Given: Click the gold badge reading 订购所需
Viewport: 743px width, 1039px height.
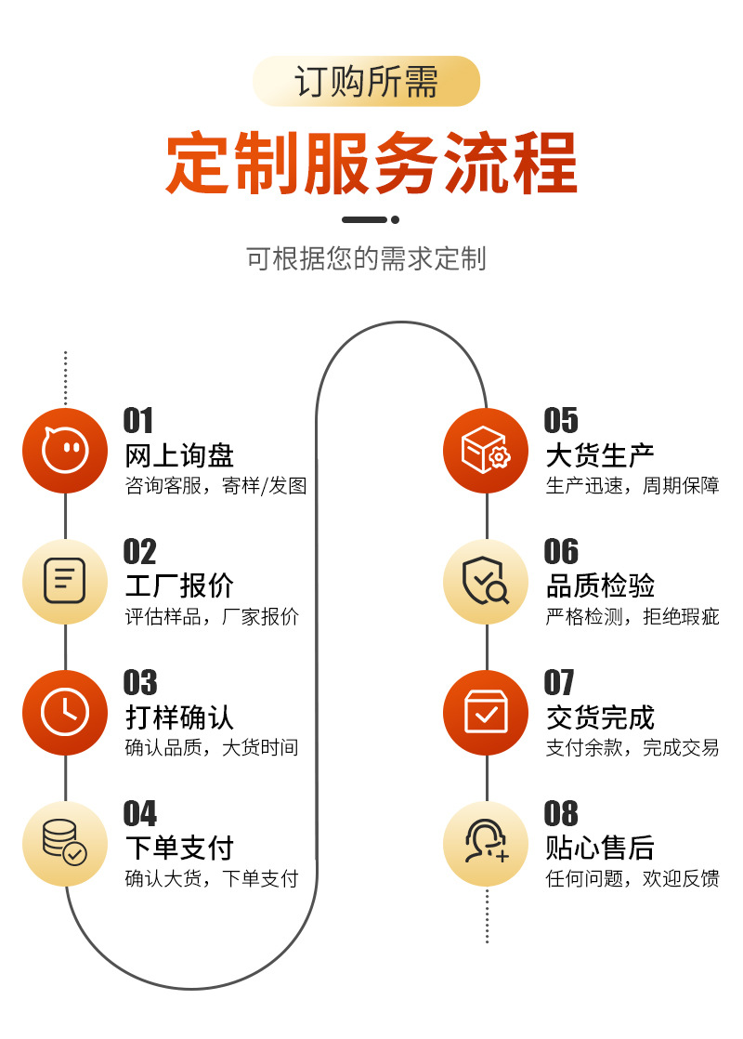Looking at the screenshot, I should pos(366,82).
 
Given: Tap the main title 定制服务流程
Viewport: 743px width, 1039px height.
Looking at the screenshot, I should pos(371,163).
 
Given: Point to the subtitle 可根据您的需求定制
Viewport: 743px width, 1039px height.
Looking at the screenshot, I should pos(366,258).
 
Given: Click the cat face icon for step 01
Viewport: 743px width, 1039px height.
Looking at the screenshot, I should pos(65,451).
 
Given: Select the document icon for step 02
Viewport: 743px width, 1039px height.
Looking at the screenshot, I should pos(65,582).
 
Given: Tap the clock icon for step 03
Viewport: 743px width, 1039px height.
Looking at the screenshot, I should pos(65,713).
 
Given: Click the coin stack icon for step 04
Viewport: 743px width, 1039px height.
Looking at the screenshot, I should pos(65,844).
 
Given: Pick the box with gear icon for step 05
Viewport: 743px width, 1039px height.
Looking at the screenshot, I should pos(486,451).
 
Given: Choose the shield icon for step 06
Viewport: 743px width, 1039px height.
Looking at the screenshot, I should pos(486,582).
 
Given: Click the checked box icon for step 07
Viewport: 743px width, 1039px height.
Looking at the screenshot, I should pos(486,713).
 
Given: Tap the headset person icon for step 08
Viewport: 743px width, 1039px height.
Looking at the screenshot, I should pos(486,844).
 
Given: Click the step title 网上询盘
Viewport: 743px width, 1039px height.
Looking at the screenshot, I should pos(179,455).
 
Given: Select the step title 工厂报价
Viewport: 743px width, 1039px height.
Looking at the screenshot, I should pos(179,586).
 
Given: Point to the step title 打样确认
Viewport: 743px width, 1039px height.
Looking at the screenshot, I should pos(179,717).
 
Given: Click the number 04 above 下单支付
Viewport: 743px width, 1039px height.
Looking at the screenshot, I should pos(140,814).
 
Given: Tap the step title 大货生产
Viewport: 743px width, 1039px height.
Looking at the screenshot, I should pos(600,455).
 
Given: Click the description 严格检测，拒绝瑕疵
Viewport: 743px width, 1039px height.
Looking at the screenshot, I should pos(632,616).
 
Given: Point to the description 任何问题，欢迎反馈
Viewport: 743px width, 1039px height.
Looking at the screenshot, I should pos(632,878).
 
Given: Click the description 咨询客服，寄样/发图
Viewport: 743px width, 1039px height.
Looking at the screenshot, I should pos(215,485).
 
